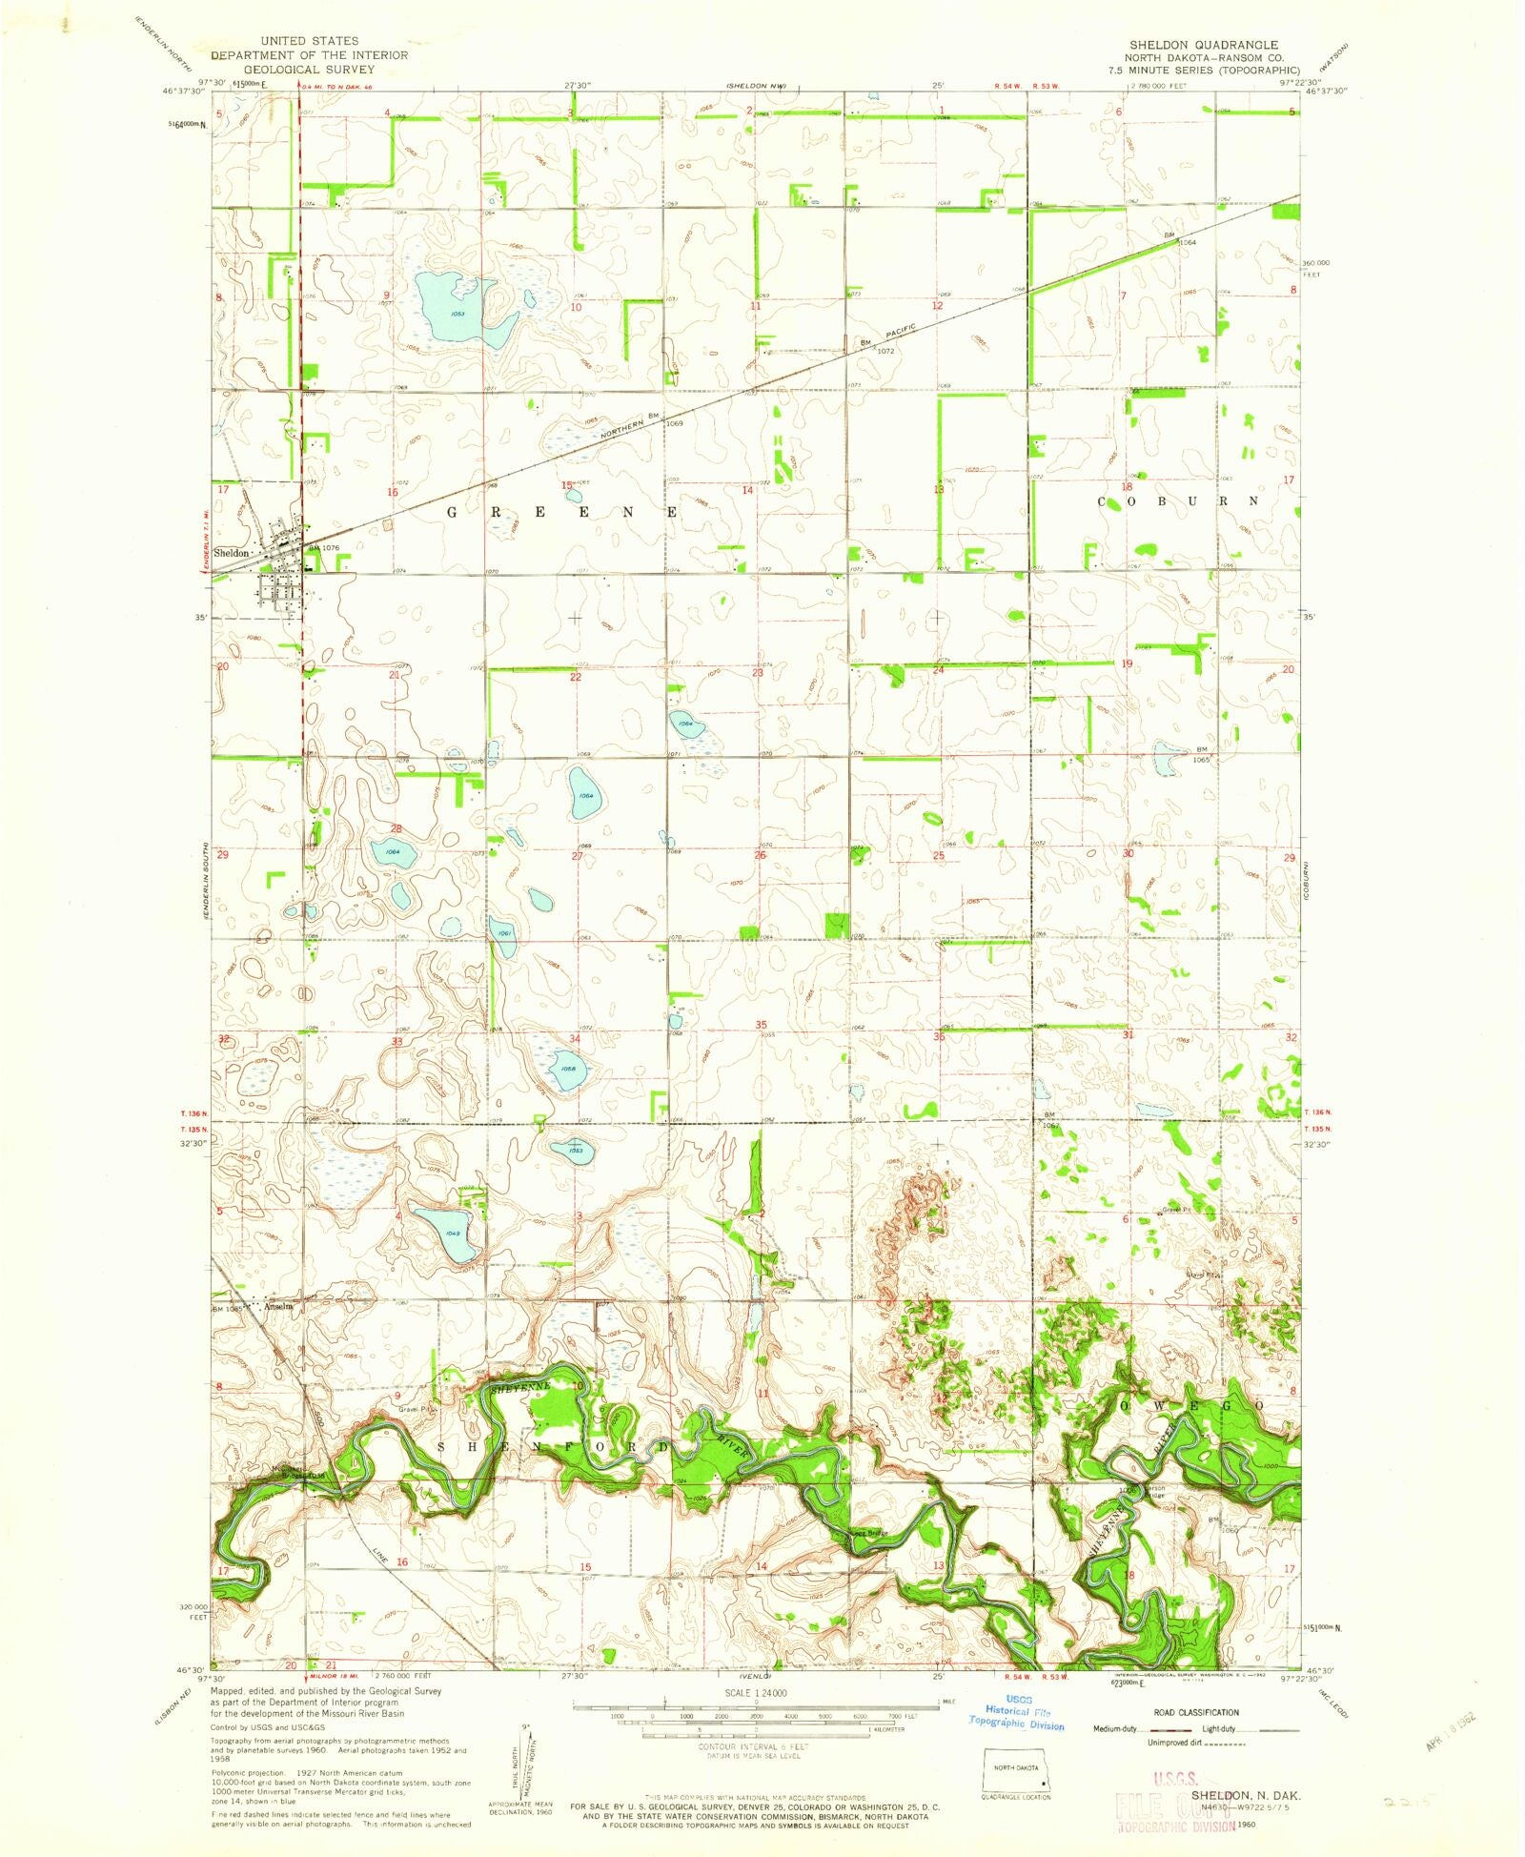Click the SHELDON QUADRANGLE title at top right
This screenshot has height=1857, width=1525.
click(1204, 45)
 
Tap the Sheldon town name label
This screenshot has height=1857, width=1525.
click(231, 553)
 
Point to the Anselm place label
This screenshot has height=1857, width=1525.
click(277, 1306)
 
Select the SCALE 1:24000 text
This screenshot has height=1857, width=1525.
click(757, 1692)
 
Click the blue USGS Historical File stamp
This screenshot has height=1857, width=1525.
click(1017, 1712)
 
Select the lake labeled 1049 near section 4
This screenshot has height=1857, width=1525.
click(445, 1233)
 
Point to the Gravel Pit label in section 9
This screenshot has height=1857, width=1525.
click(416, 1408)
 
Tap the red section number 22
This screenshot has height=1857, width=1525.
click(575, 677)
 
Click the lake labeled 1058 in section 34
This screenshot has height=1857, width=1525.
click(568, 1068)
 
